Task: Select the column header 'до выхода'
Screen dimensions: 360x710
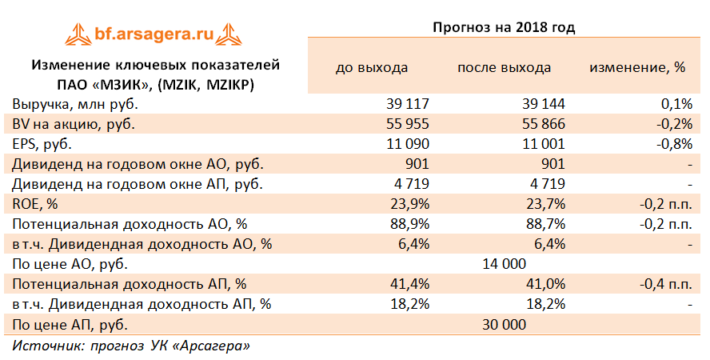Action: (371, 67)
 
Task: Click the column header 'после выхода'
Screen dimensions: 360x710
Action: (504, 67)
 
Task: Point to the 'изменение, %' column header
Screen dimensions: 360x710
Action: (637, 67)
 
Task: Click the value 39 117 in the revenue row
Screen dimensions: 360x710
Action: (408, 104)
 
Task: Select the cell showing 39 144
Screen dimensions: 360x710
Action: (543, 104)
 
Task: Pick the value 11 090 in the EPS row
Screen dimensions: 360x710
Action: (408, 144)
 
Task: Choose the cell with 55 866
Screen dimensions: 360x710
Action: (543, 124)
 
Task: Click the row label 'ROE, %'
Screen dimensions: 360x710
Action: (36, 204)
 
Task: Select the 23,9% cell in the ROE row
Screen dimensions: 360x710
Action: (410, 204)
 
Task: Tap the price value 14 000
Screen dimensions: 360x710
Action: (504, 264)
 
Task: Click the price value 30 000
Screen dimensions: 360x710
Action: (504, 324)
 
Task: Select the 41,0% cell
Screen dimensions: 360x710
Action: (545, 284)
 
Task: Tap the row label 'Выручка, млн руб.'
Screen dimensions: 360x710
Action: (75, 104)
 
